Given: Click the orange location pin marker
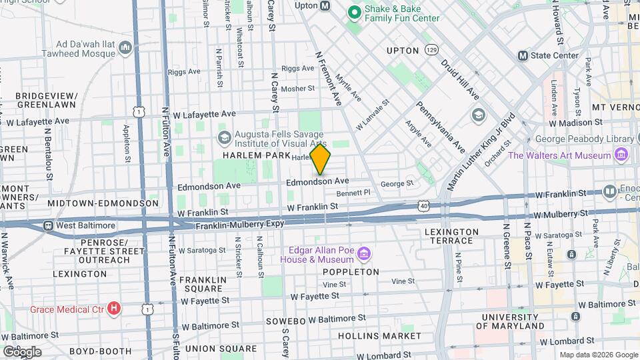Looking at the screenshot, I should [321, 159].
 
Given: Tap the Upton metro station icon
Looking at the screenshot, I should [325, 6].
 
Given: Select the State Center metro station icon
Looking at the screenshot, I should [523, 55].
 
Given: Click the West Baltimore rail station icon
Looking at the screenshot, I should [48, 225].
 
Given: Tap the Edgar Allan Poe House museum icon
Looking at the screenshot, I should [363, 254].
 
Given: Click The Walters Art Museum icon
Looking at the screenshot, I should [621, 155].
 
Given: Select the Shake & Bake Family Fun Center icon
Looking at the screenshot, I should [353, 11].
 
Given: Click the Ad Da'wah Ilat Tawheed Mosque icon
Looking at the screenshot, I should [125, 47].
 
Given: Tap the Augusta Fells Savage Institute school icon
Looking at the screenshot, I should [224, 137].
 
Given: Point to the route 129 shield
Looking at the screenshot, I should [433, 50].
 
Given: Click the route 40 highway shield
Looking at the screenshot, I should [425, 207].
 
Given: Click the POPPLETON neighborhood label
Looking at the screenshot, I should [351, 272].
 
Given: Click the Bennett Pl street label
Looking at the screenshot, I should [353, 193].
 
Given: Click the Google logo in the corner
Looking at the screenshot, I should [22, 351].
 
